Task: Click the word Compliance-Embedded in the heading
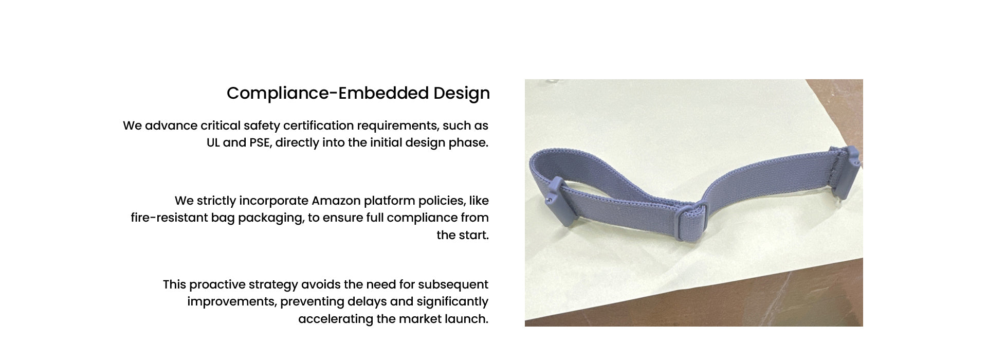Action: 327,93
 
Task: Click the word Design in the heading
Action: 462,94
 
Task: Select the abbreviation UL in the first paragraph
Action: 213,142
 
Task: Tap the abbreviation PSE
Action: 259,143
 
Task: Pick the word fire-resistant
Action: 169,218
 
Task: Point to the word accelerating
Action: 336,319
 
